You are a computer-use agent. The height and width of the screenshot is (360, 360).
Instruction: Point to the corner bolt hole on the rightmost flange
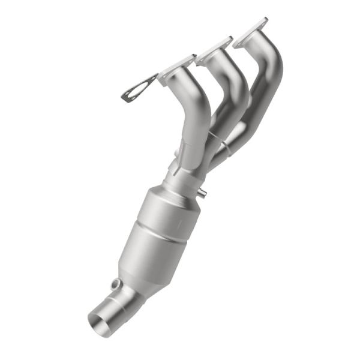coord(263,22)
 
